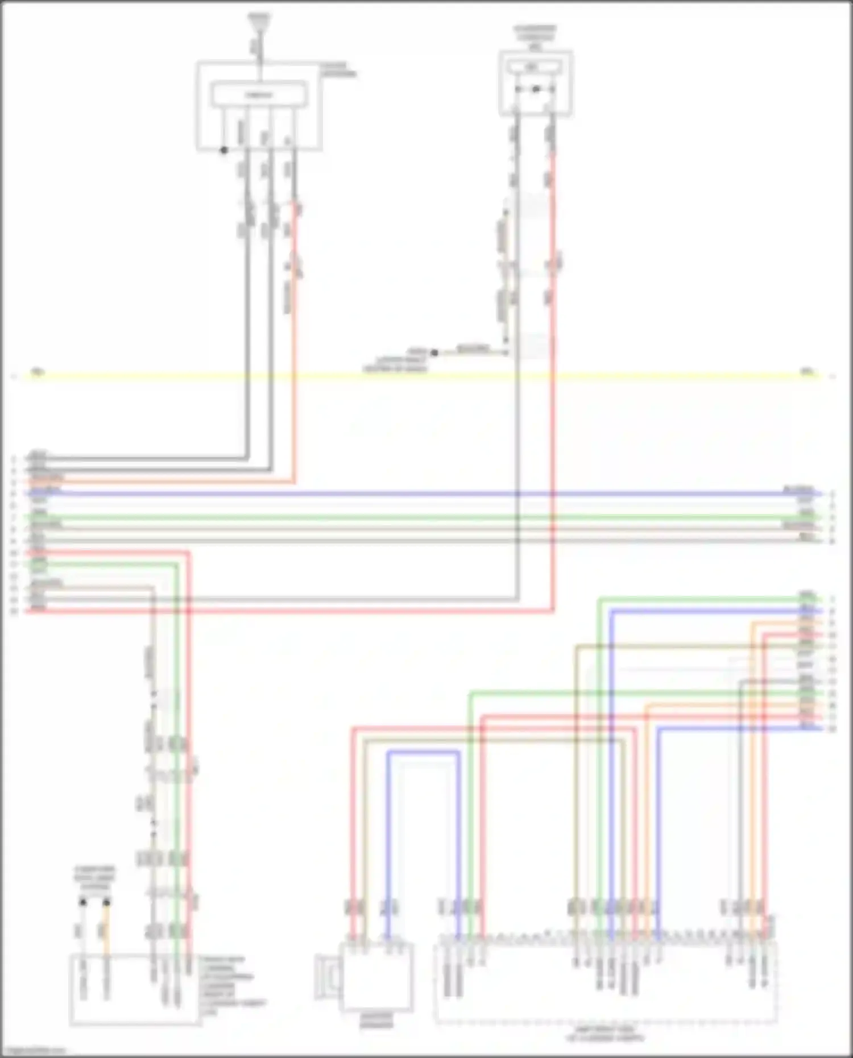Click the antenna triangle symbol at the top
coord(260,21)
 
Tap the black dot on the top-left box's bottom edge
coord(224,151)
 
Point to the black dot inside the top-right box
coord(536,89)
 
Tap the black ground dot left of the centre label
coord(434,353)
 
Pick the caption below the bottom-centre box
coord(377,1020)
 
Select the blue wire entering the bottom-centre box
coord(389,841)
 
